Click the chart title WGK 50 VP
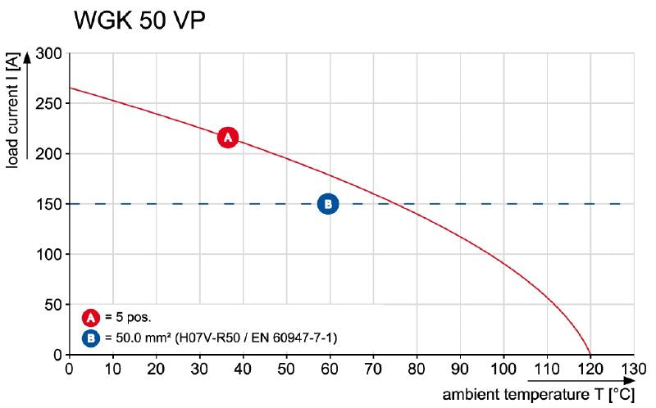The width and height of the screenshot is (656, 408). point(139,20)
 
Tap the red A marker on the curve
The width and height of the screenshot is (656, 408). point(228,138)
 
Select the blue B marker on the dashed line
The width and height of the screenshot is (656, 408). point(327,203)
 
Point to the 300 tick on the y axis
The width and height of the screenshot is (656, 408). point(50,53)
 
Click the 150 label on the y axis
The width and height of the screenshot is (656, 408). point(50,204)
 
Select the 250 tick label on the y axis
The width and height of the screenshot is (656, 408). point(50,103)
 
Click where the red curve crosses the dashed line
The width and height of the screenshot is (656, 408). point(389,204)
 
